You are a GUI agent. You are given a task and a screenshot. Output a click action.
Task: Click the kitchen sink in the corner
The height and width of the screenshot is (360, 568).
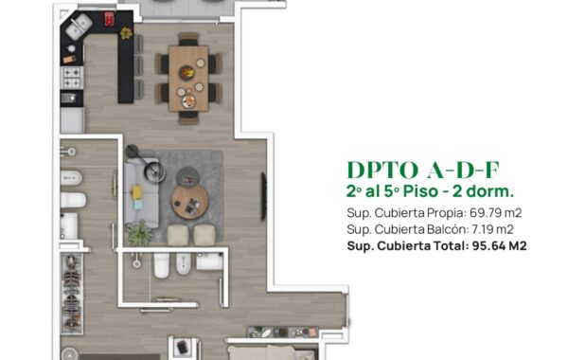tap(79, 27)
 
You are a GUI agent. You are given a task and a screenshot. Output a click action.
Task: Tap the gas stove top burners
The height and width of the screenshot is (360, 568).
tap(72, 78)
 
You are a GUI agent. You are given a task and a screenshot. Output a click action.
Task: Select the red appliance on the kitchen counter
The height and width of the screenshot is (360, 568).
tap(109, 19)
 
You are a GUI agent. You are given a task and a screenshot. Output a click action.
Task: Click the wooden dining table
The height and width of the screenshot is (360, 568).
tap(188, 78)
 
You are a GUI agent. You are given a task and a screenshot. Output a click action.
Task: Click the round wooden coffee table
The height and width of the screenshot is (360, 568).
tap(190, 202)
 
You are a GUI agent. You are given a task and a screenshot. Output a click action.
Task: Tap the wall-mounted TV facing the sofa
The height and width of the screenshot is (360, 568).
tap(264, 196)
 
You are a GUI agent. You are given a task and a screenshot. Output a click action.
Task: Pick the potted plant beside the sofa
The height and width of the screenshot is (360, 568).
tap(139, 233)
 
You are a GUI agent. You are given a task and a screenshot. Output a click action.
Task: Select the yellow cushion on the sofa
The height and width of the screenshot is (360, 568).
tap(137, 191)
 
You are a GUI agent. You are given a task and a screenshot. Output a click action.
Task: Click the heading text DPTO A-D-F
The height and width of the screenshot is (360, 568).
tap(423, 170)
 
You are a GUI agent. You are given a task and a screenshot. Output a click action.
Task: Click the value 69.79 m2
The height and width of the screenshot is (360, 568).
tap(495, 213)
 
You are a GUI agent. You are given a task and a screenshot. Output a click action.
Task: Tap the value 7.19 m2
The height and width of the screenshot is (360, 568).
tap(492, 229)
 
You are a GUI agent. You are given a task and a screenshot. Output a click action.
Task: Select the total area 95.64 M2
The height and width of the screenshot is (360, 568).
tap(499, 245)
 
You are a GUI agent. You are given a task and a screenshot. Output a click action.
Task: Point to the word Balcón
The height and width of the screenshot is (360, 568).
tap(448, 229)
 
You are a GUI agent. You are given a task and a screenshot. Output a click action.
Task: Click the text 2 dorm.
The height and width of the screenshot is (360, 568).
tap(483, 191)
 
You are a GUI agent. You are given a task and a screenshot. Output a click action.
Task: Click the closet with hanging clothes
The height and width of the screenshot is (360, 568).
tap(72, 294)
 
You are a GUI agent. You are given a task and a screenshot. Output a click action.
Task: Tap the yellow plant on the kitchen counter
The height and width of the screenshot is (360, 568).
tap(126, 33)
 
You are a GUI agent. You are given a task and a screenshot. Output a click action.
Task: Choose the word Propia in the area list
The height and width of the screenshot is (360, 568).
tap(447, 213)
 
